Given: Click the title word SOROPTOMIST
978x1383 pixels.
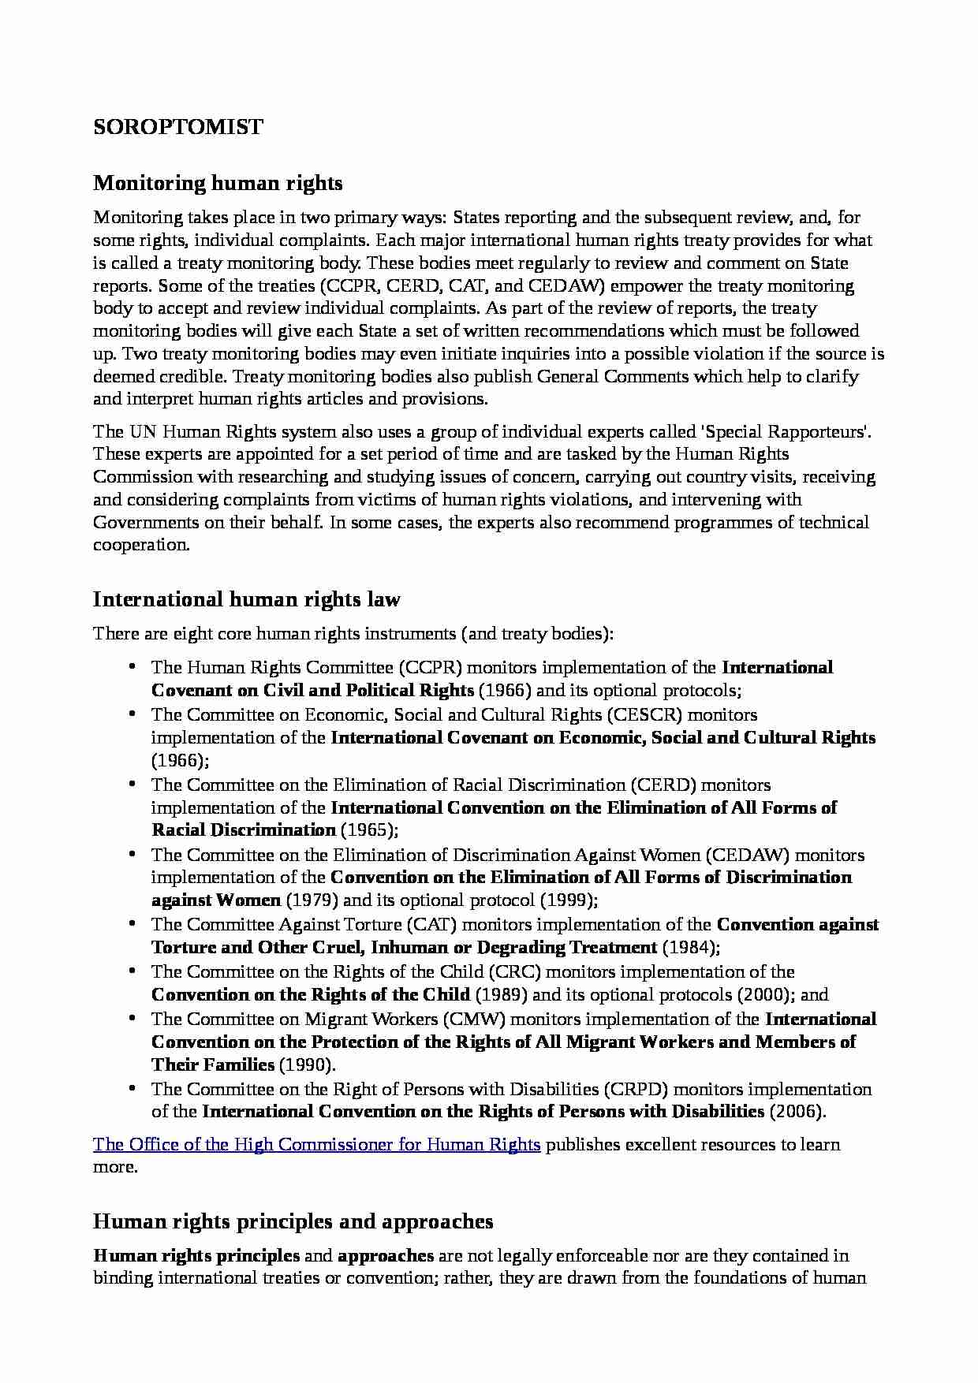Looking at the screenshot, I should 178,127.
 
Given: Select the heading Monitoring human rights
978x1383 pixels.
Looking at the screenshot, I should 218,183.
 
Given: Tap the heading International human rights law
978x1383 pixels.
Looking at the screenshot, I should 247,599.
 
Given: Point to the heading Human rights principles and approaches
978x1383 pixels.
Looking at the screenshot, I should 293,1221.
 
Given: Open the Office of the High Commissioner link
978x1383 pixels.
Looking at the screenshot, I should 316,1144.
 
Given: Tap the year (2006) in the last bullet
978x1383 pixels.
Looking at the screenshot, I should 797,1112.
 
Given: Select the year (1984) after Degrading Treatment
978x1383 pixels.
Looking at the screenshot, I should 691,947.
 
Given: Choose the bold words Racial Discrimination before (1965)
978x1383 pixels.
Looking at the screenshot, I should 244,830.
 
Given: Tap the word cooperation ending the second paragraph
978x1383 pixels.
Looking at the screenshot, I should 141,545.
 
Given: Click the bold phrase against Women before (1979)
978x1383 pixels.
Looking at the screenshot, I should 216,900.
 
